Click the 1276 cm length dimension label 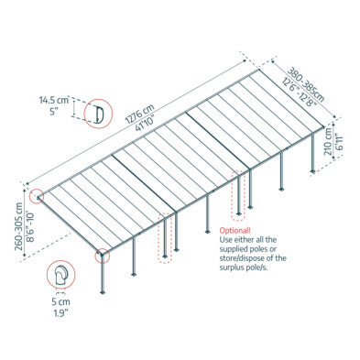(141, 113)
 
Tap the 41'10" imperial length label (147, 122)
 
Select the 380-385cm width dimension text (306, 85)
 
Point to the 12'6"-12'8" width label (300, 93)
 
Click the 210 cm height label (328, 141)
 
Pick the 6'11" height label (339, 142)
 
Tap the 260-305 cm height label (19, 226)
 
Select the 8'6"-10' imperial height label (30, 227)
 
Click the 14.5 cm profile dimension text (53, 100)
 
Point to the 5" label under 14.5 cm (53, 111)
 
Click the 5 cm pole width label (60, 302)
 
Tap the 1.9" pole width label (60, 313)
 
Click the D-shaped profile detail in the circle (98, 114)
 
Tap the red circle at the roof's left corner (37, 196)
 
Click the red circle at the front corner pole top (102, 256)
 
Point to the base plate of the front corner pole (103, 292)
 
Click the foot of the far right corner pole (312, 171)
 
